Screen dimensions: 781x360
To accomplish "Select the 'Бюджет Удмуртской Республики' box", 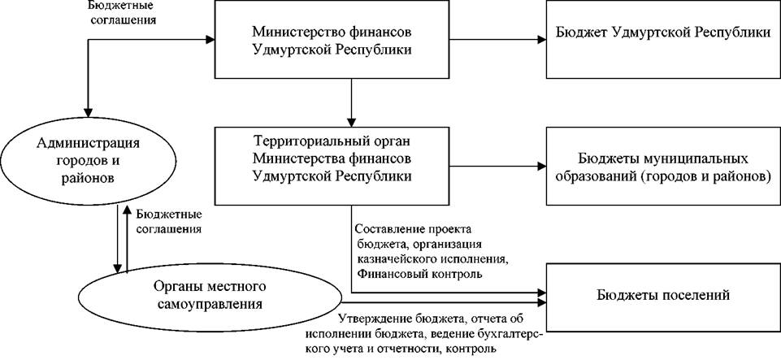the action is pyautogui.click(x=663, y=39).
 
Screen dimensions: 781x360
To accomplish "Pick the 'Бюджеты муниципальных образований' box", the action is pyautogui.click(x=663, y=166).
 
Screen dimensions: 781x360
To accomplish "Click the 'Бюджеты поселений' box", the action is pyautogui.click(x=663, y=296).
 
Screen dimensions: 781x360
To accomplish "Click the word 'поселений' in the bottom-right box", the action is pyautogui.click(x=688, y=295).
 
